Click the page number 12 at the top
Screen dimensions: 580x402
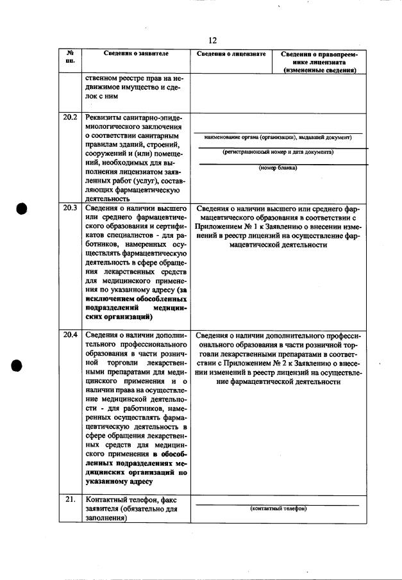click(x=214, y=40)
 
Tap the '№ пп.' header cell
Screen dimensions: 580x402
click(x=69, y=58)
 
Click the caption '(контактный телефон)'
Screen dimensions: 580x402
click(x=278, y=508)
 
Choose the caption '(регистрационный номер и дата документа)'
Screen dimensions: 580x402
click(x=278, y=153)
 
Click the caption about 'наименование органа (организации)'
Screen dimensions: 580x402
click(x=278, y=138)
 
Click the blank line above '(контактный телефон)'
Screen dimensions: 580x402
click(x=277, y=504)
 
